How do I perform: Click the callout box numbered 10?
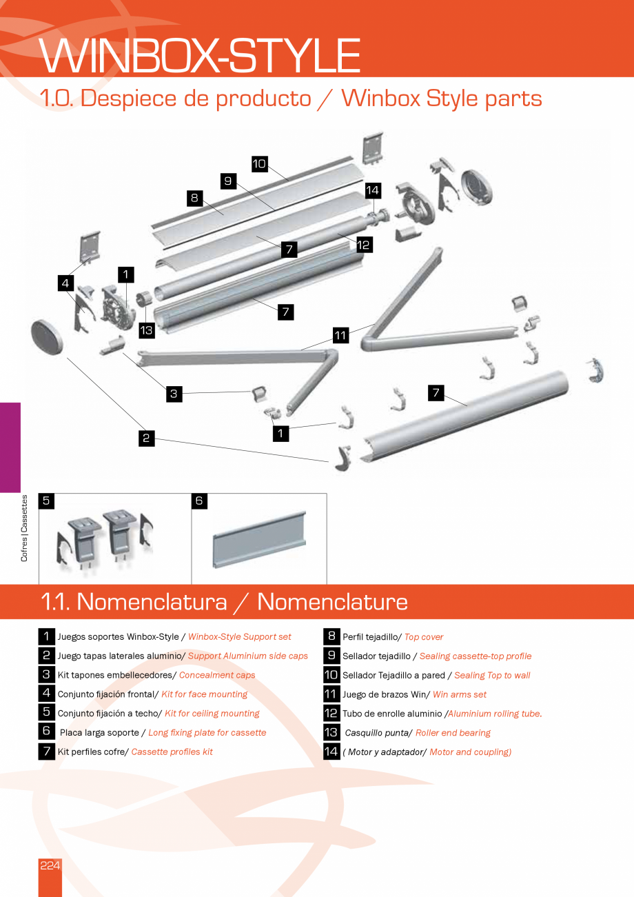point(259,164)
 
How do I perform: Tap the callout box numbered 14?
point(372,190)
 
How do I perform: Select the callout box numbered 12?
point(364,243)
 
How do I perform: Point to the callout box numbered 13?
point(146,330)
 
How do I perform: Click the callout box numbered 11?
point(340,336)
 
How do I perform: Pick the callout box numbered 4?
point(65,283)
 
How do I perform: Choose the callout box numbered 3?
point(174,394)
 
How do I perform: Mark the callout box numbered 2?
point(146,437)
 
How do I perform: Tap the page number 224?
point(50,865)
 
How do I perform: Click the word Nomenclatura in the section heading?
point(152,602)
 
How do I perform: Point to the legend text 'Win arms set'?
point(459,694)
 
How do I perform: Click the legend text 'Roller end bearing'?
point(453,733)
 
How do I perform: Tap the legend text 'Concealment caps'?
point(217,675)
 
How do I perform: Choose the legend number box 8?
point(331,636)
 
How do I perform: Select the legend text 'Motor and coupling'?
point(469,752)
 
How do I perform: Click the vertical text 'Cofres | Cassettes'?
point(25,528)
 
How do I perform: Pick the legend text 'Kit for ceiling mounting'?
point(212,714)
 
